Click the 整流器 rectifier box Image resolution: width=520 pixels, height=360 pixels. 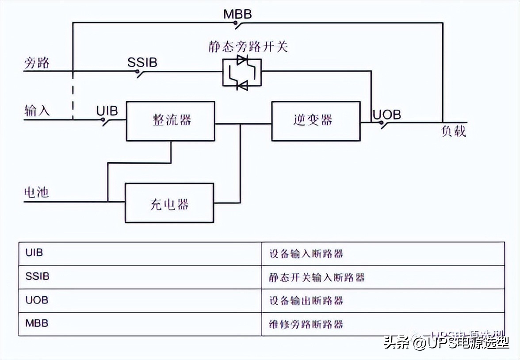tap(171, 121)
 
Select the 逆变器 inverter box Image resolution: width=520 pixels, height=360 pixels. tap(316, 121)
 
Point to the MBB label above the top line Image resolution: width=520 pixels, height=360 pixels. tap(237, 14)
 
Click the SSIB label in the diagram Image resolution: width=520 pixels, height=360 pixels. tap(142, 62)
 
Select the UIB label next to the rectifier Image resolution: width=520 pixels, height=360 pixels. tap(107, 111)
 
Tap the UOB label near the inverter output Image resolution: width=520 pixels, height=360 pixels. tap(386, 115)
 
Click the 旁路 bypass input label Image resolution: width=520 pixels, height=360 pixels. tap(36, 63)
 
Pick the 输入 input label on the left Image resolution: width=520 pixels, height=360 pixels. tap(37, 111)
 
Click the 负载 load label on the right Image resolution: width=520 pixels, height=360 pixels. tap(453, 131)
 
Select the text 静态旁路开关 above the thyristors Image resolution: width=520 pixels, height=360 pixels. tap(248, 46)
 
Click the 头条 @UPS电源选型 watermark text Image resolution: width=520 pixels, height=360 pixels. tap(447, 342)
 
